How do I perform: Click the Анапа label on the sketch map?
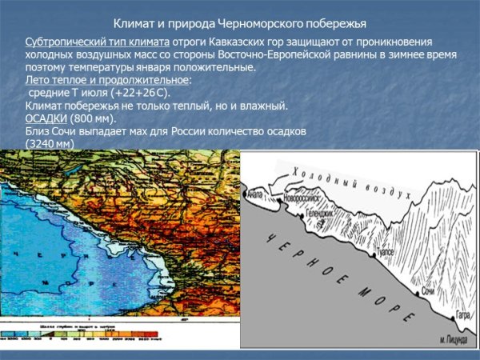254,193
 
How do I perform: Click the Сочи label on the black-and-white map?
429,293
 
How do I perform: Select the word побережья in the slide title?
336,25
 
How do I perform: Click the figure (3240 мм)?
50,143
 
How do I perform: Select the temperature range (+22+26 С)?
127,93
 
